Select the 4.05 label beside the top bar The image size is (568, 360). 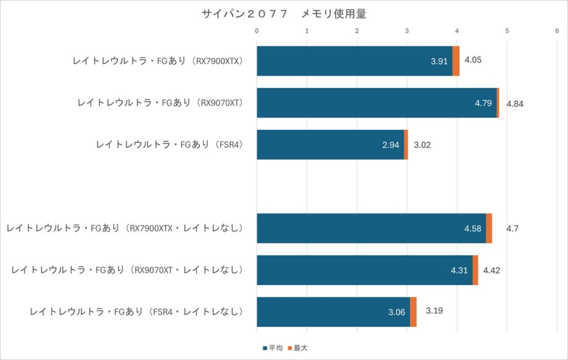473,60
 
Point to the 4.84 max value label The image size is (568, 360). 515,103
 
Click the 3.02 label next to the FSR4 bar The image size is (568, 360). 422,145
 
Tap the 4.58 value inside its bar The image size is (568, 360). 472,229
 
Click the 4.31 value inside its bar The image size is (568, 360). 459,271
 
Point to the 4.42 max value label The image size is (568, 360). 492,270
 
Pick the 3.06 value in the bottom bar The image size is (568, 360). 397,312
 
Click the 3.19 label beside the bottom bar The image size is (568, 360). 434,312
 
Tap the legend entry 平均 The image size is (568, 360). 272,348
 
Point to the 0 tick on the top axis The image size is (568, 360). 257,31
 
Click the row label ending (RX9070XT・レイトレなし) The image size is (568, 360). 128,270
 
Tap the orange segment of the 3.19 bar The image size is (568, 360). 413,312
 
